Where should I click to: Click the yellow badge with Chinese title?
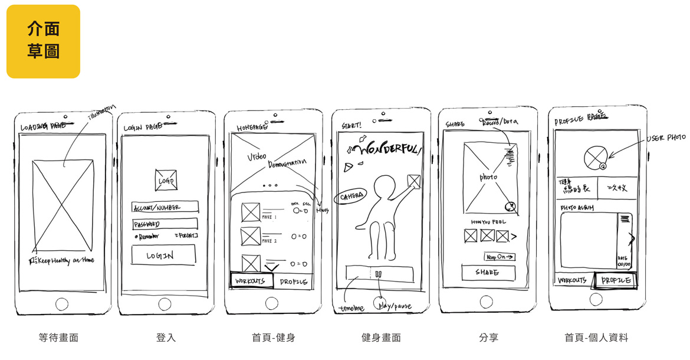(x=43, y=41)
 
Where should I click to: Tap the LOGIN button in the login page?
(x=163, y=255)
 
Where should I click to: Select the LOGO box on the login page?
(x=166, y=181)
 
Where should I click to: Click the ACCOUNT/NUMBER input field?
(x=165, y=207)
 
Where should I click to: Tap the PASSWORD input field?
(x=165, y=224)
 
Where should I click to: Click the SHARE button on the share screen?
(x=488, y=273)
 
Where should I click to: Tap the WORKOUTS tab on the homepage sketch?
(x=251, y=281)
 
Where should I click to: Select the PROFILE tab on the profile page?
(x=617, y=280)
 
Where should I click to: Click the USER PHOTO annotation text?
(x=666, y=138)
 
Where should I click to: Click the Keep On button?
(x=500, y=257)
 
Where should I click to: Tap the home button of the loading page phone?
(x=62, y=305)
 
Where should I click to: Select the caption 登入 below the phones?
(x=166, y=338)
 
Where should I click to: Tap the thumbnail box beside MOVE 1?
(x=251, y=212)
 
